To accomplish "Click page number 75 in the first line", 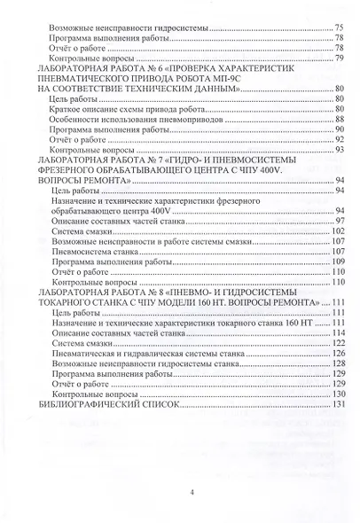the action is pos(338,28).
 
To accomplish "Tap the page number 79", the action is pos(338,58).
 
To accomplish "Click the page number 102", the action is pos(336,230).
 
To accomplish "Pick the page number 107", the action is pos(336,251).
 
